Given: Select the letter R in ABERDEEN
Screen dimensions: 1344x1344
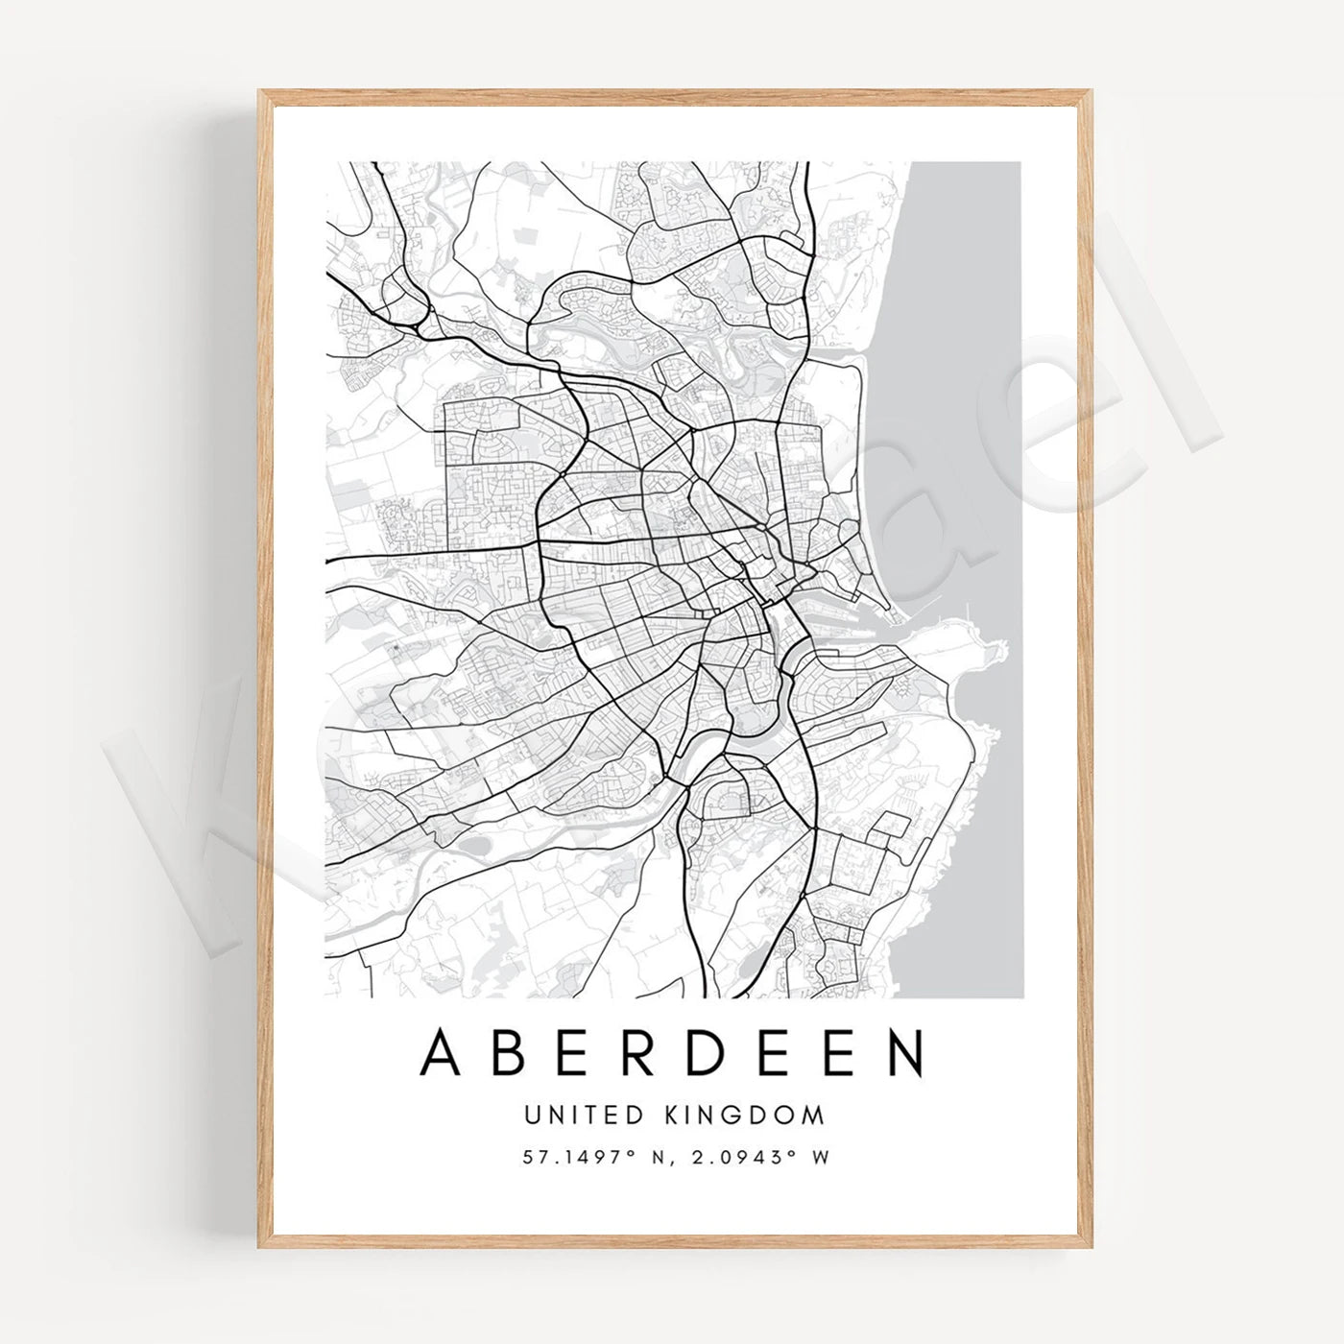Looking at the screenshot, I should (x=650, y=1052).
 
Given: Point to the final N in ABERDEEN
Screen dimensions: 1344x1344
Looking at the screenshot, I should (x=905, y=1052).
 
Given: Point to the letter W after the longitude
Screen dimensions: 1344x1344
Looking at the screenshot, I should (x=820, y=1158).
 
